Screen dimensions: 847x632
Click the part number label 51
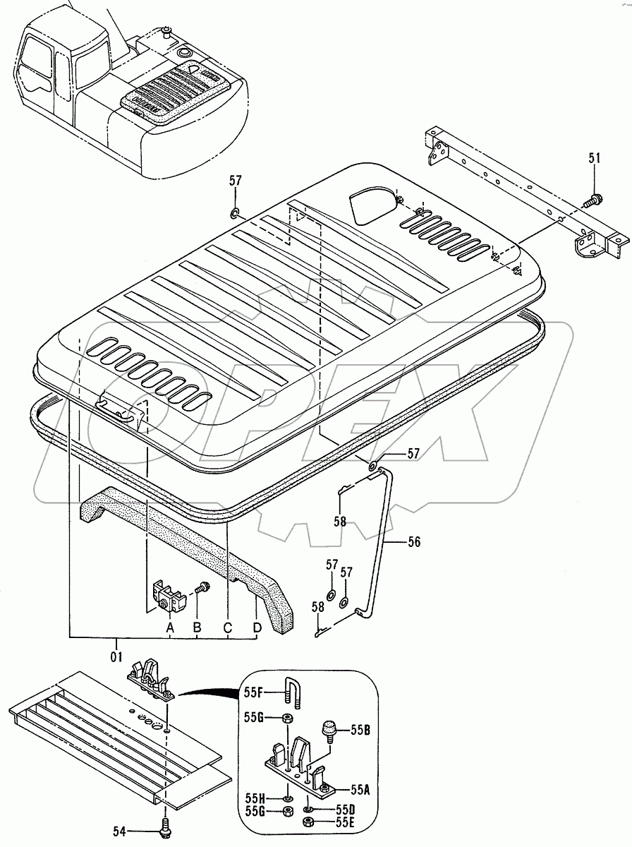(594, 160)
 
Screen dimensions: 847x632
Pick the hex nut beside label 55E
(308, 823)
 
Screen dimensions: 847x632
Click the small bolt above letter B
(203, 586)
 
